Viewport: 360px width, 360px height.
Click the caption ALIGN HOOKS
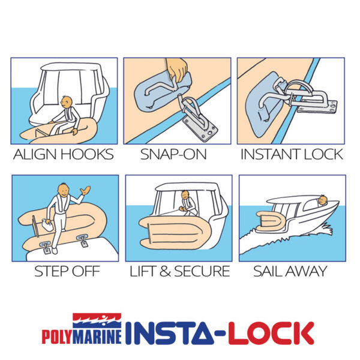pos(64,154)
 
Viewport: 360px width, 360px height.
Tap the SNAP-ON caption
pos(173,154)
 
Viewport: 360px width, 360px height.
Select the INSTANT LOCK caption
pos(292,154)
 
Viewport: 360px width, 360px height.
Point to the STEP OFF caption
pos(67,271)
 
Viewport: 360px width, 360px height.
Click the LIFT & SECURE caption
pos(180,271)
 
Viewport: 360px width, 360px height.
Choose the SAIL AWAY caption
pos(290,271)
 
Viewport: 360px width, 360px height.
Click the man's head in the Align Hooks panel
pos(67,102)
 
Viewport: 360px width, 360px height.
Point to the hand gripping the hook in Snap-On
pos(177,70)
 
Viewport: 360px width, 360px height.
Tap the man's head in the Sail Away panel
pos(323,200)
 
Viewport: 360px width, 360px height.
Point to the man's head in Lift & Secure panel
pos(185,195)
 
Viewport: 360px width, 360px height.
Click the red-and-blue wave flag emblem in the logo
pos(97,321)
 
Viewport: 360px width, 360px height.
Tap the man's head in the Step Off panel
pos(64,190)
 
